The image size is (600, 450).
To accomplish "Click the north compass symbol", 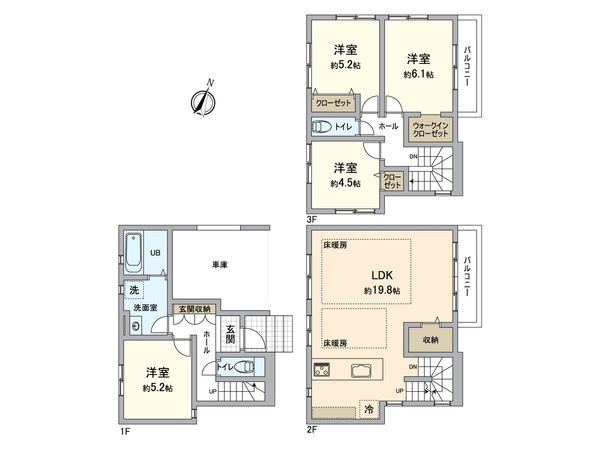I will [x=203, y=99].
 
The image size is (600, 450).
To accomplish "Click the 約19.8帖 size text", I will [x=383, y=290].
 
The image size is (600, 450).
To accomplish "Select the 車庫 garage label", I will [x=221, y=265].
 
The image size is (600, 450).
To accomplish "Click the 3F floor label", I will [x=312, y=216].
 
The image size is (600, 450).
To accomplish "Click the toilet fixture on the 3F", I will [x=323, y=127].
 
